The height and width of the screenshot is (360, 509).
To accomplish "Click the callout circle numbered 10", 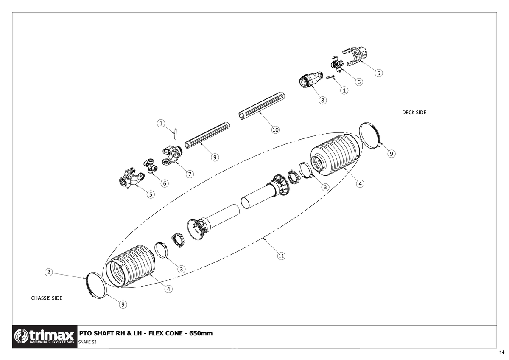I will point(275,130).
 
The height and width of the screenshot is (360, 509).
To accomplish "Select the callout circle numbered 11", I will point(281,256).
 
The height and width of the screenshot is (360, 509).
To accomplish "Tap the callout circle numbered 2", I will point(49,272).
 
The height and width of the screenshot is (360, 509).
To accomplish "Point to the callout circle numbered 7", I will point(190,174).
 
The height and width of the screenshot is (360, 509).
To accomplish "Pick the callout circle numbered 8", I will point(322,101).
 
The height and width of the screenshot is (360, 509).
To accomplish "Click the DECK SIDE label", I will point(414,112).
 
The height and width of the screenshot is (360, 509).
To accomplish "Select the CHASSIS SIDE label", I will point(47,298).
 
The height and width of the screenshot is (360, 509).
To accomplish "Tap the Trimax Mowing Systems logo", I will point(45,337).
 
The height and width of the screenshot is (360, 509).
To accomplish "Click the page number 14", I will point(502,353).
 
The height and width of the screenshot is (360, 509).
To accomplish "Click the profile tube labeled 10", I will point(261,106).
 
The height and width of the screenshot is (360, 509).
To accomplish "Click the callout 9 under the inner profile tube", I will point(215,157).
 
